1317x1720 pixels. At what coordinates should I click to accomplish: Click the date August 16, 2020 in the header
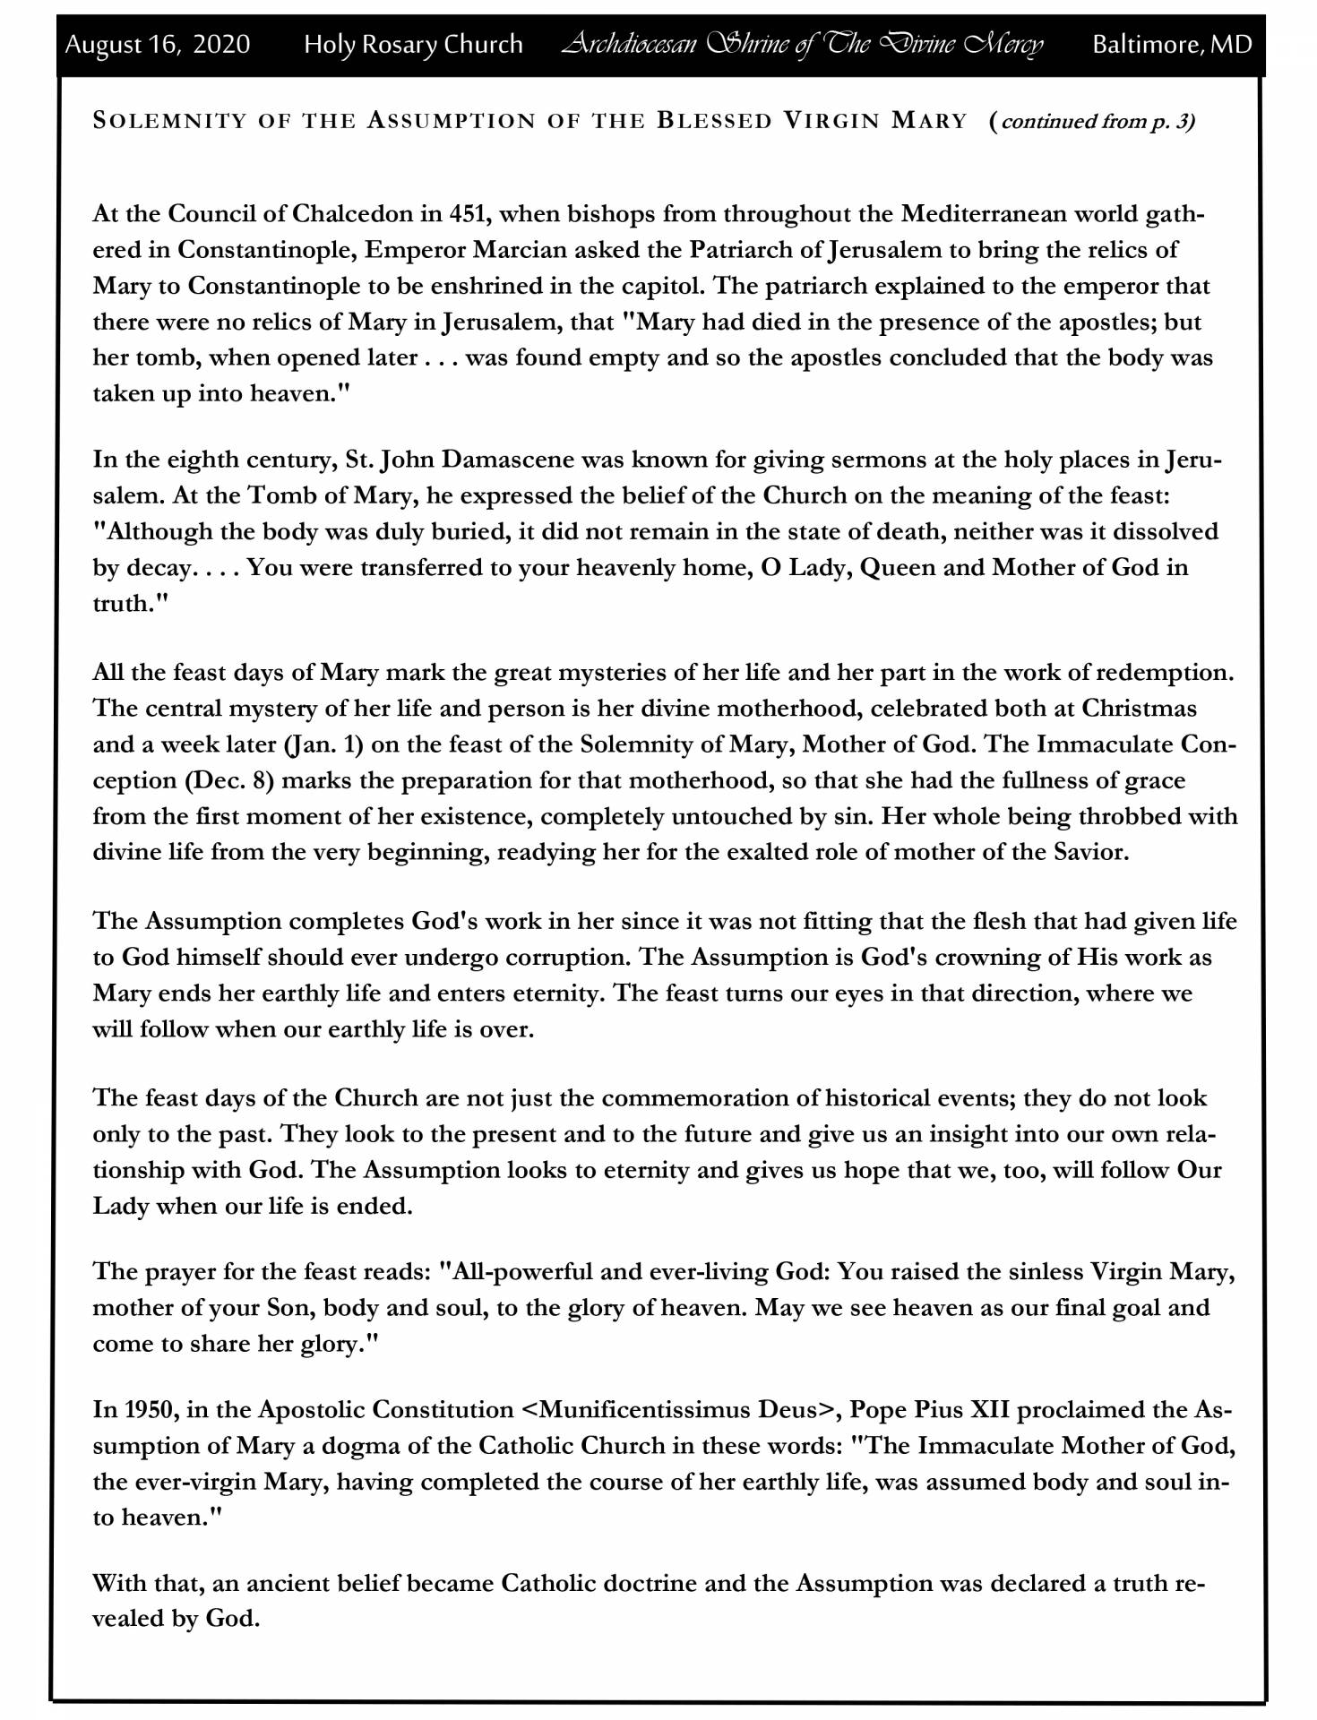pos(157,44)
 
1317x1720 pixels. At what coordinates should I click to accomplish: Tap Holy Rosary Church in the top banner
pos(413,44)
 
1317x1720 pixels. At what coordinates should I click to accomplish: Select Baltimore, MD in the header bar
pos(1171,44)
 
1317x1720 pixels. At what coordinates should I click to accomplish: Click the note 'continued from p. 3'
pos(1097,121)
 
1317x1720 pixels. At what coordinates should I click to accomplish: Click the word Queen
pos(898,568)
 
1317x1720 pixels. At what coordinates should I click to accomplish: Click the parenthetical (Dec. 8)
pos(228,781)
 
